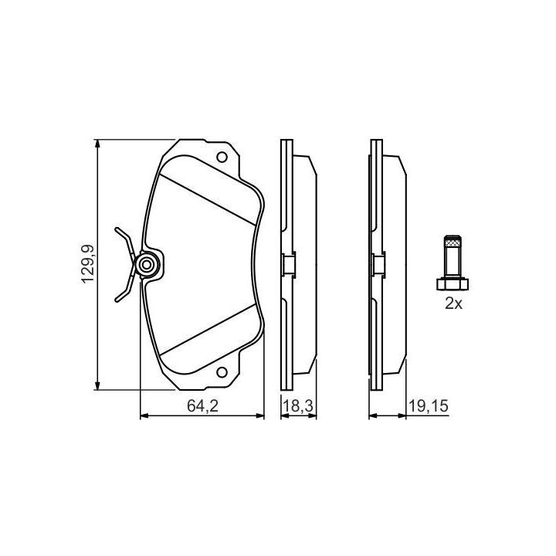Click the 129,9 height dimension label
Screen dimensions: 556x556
[87, 264]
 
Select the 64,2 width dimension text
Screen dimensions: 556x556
[202, 406]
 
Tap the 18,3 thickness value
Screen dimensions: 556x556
[298, 406]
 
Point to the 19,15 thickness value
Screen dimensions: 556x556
[429, 406]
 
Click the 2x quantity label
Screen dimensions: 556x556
[453, 303]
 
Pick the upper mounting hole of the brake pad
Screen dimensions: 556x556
[222, 157]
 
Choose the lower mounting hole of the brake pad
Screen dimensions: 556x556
[222, 372]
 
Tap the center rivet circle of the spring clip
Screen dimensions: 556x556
[146, 265]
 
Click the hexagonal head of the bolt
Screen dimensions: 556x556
[452, 283]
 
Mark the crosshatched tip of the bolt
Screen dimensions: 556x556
[453, 242]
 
